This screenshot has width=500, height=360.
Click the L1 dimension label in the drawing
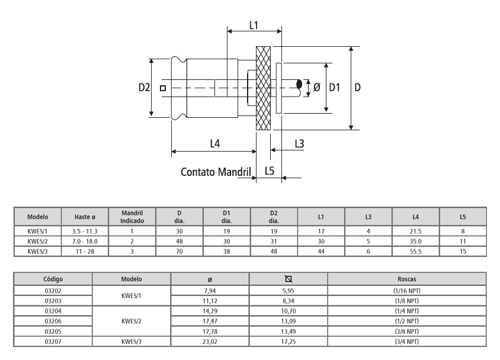(x=254, y=25)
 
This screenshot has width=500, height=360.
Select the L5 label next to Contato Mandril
(x=270, y=171)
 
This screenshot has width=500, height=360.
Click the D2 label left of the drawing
(x=145, y=87)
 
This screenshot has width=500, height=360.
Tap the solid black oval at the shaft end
(x=300, y=86)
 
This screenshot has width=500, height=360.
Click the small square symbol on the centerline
(x=163, y=88)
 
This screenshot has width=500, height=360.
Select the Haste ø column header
(x=85, y=217)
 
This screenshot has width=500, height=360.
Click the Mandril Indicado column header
(x=132, y=217)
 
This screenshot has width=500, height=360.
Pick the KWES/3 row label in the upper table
(x=38, y=251)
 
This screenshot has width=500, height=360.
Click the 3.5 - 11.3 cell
(x=85, y=232)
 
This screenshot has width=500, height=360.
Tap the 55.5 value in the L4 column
(x=415, y=251)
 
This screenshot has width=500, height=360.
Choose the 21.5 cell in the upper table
(x=415, y=232)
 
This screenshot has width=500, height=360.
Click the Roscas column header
(x=406, y=278)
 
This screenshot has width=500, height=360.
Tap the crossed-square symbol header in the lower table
(x=288, y=278)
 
